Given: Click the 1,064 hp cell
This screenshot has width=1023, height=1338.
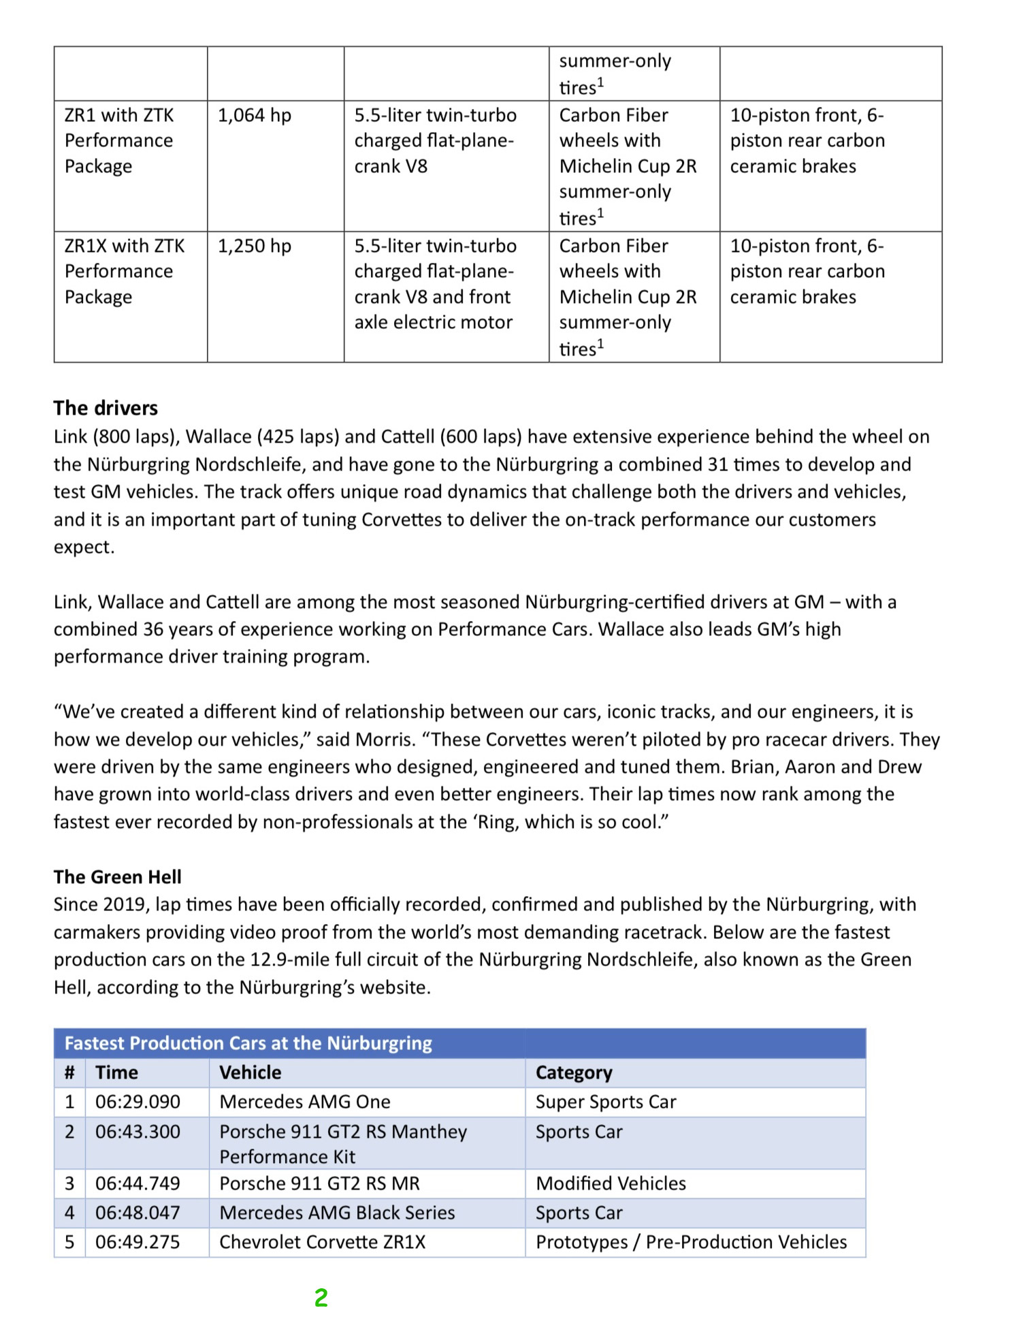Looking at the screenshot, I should (x=254, y=115).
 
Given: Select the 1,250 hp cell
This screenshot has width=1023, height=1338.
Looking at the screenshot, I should (x=254, y=246).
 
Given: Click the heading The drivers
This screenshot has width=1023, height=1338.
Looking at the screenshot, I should (x=105, y=408).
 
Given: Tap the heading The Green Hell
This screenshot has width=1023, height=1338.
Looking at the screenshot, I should (x=118, y=876).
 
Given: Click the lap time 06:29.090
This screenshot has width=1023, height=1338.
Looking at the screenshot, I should (x=137, y=1102).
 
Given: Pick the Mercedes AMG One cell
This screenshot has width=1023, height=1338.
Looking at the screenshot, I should (x=305, y=1102).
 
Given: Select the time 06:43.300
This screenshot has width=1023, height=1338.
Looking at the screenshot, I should (x=137, y=1132).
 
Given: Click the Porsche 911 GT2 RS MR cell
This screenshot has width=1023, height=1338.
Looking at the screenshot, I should (x=319, y=1183).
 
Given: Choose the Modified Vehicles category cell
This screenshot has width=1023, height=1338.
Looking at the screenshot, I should (x=611, y=1183).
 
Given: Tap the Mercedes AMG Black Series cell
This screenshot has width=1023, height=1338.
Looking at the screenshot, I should (x=337, y=1213).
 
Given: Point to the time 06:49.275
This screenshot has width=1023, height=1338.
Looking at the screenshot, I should (x=137, y=1242).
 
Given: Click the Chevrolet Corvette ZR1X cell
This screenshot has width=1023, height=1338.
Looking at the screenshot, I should (x=322, y=1242).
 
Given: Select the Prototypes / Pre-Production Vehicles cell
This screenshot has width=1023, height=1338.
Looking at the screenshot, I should (x=691, y=1242).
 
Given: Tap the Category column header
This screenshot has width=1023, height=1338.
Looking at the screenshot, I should (x=574, y=1072).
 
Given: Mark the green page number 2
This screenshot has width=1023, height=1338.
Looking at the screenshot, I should (x=321, y=1298).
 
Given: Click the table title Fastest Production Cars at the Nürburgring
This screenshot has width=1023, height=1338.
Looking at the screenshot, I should (x=248, y=1043).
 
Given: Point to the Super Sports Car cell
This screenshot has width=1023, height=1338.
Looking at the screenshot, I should (x=606, y=1102).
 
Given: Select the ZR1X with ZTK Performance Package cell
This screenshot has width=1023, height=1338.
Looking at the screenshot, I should (x=125, y=271).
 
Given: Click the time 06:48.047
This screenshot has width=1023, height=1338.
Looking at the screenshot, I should (x=137, y=1213).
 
